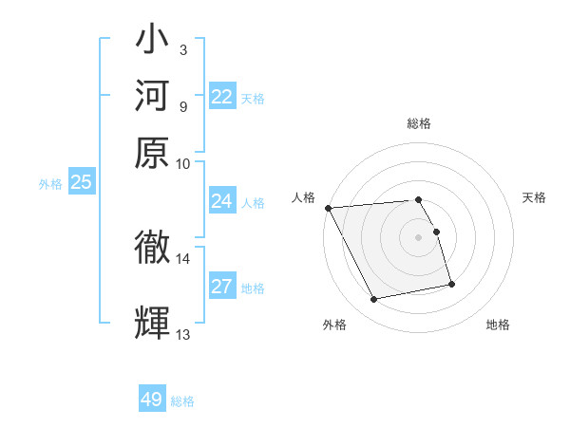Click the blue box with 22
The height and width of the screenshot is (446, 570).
point(222,97)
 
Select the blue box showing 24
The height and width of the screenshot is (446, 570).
point(222,201)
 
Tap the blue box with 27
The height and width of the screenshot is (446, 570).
point(222,287)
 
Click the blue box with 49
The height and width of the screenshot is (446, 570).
point(152,400)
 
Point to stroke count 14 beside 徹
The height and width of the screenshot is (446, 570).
point(182,258)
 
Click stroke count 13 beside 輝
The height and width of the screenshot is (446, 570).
point(182,334)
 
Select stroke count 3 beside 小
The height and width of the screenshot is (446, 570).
point(182,49)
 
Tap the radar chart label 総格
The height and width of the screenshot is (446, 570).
point(419,123)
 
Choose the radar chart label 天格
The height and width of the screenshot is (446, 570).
point(534,197)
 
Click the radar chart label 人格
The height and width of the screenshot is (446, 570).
point(304,197)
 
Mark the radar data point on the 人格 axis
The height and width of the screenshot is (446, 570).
point(328,208)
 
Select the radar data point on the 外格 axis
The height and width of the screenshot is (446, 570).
point(374,300)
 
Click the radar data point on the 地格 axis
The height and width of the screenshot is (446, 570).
point(451,284)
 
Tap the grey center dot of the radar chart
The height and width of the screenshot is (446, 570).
point(419,236)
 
